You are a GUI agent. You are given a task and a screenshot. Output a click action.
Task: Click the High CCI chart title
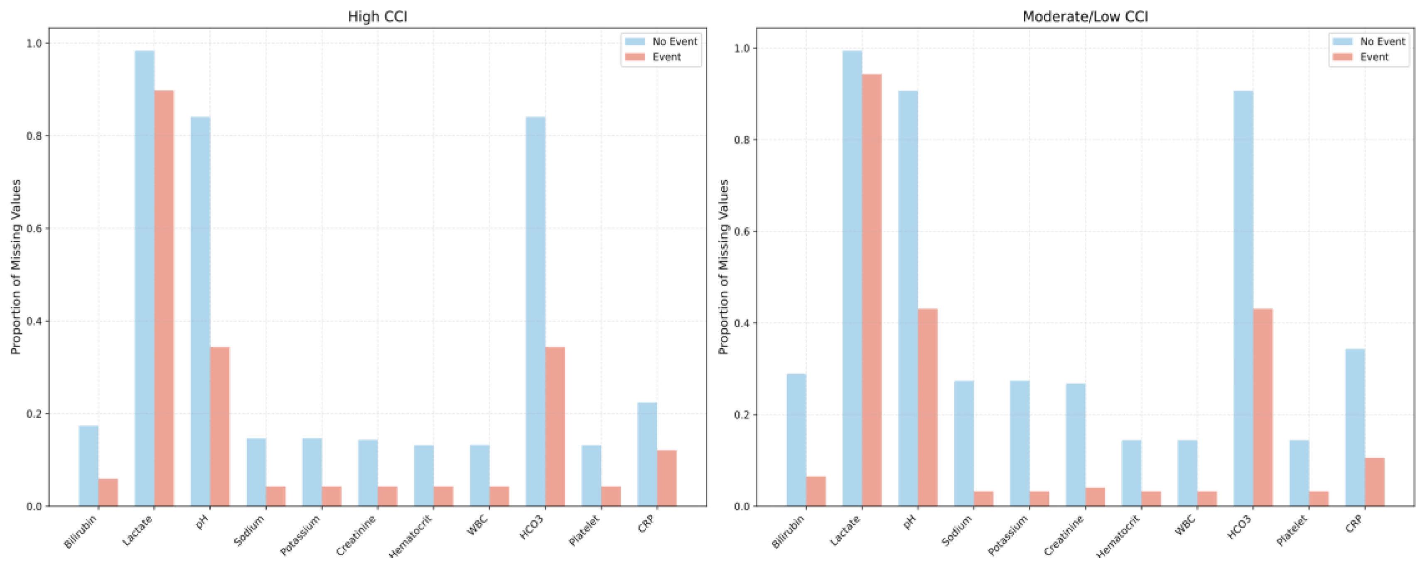377,17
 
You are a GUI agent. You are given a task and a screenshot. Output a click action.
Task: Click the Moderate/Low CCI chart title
1085,17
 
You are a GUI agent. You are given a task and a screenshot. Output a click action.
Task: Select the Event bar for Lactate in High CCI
164,298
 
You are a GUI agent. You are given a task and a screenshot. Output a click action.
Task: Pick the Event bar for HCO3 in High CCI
555,426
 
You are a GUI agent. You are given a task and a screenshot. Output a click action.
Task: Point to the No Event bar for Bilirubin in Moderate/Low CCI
796,440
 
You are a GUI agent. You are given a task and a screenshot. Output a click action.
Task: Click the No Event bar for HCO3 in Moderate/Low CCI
1243,298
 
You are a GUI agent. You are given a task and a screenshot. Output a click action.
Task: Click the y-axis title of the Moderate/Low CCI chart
724,267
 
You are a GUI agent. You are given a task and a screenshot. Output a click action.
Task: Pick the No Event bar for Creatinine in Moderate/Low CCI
1075,445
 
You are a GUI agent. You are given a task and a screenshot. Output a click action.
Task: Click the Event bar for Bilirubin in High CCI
108,493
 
